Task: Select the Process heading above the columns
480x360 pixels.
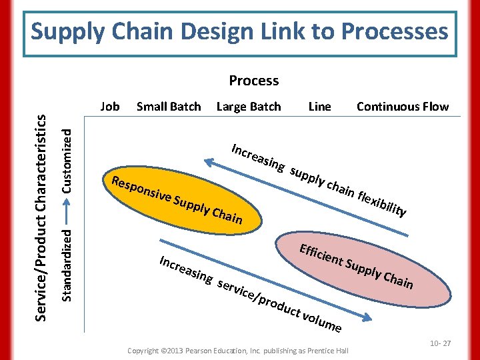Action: click(253, 81)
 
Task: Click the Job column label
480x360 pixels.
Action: click(109, 106)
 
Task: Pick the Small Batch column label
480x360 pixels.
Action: click(168, 106)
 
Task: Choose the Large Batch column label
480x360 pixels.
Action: click(249, 106)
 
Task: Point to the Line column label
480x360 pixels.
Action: click(319, 106)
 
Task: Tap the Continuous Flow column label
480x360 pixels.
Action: click(403, 106)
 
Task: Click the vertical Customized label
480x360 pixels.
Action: click(67, 160)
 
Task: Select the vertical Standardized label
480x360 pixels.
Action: click(67, 263)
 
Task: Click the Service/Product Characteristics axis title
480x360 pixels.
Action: click(41, 217)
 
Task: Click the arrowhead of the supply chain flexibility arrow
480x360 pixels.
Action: click(207, 161)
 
